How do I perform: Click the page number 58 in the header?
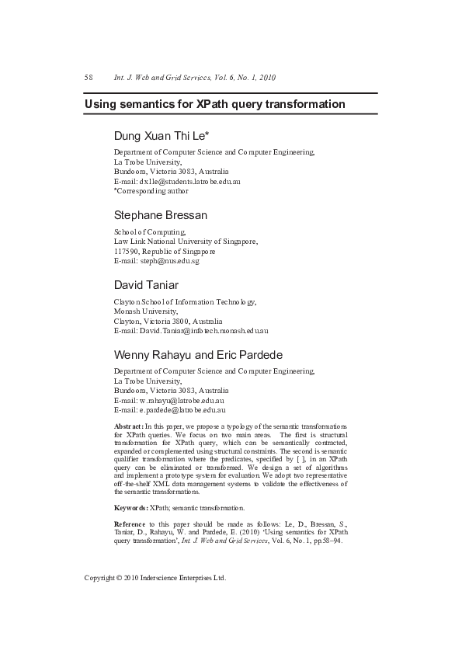click(x=89, y=78)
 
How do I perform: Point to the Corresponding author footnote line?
click(x=151, y=190)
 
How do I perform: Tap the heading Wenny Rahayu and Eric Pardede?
click(x=198, y=354)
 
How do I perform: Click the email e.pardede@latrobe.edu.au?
click(x=180, y=409)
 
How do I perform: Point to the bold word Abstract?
click(x=128, y=427)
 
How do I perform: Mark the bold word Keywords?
click(x=130, y=507)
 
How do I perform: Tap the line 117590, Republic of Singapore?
click(x=165, y=251)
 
